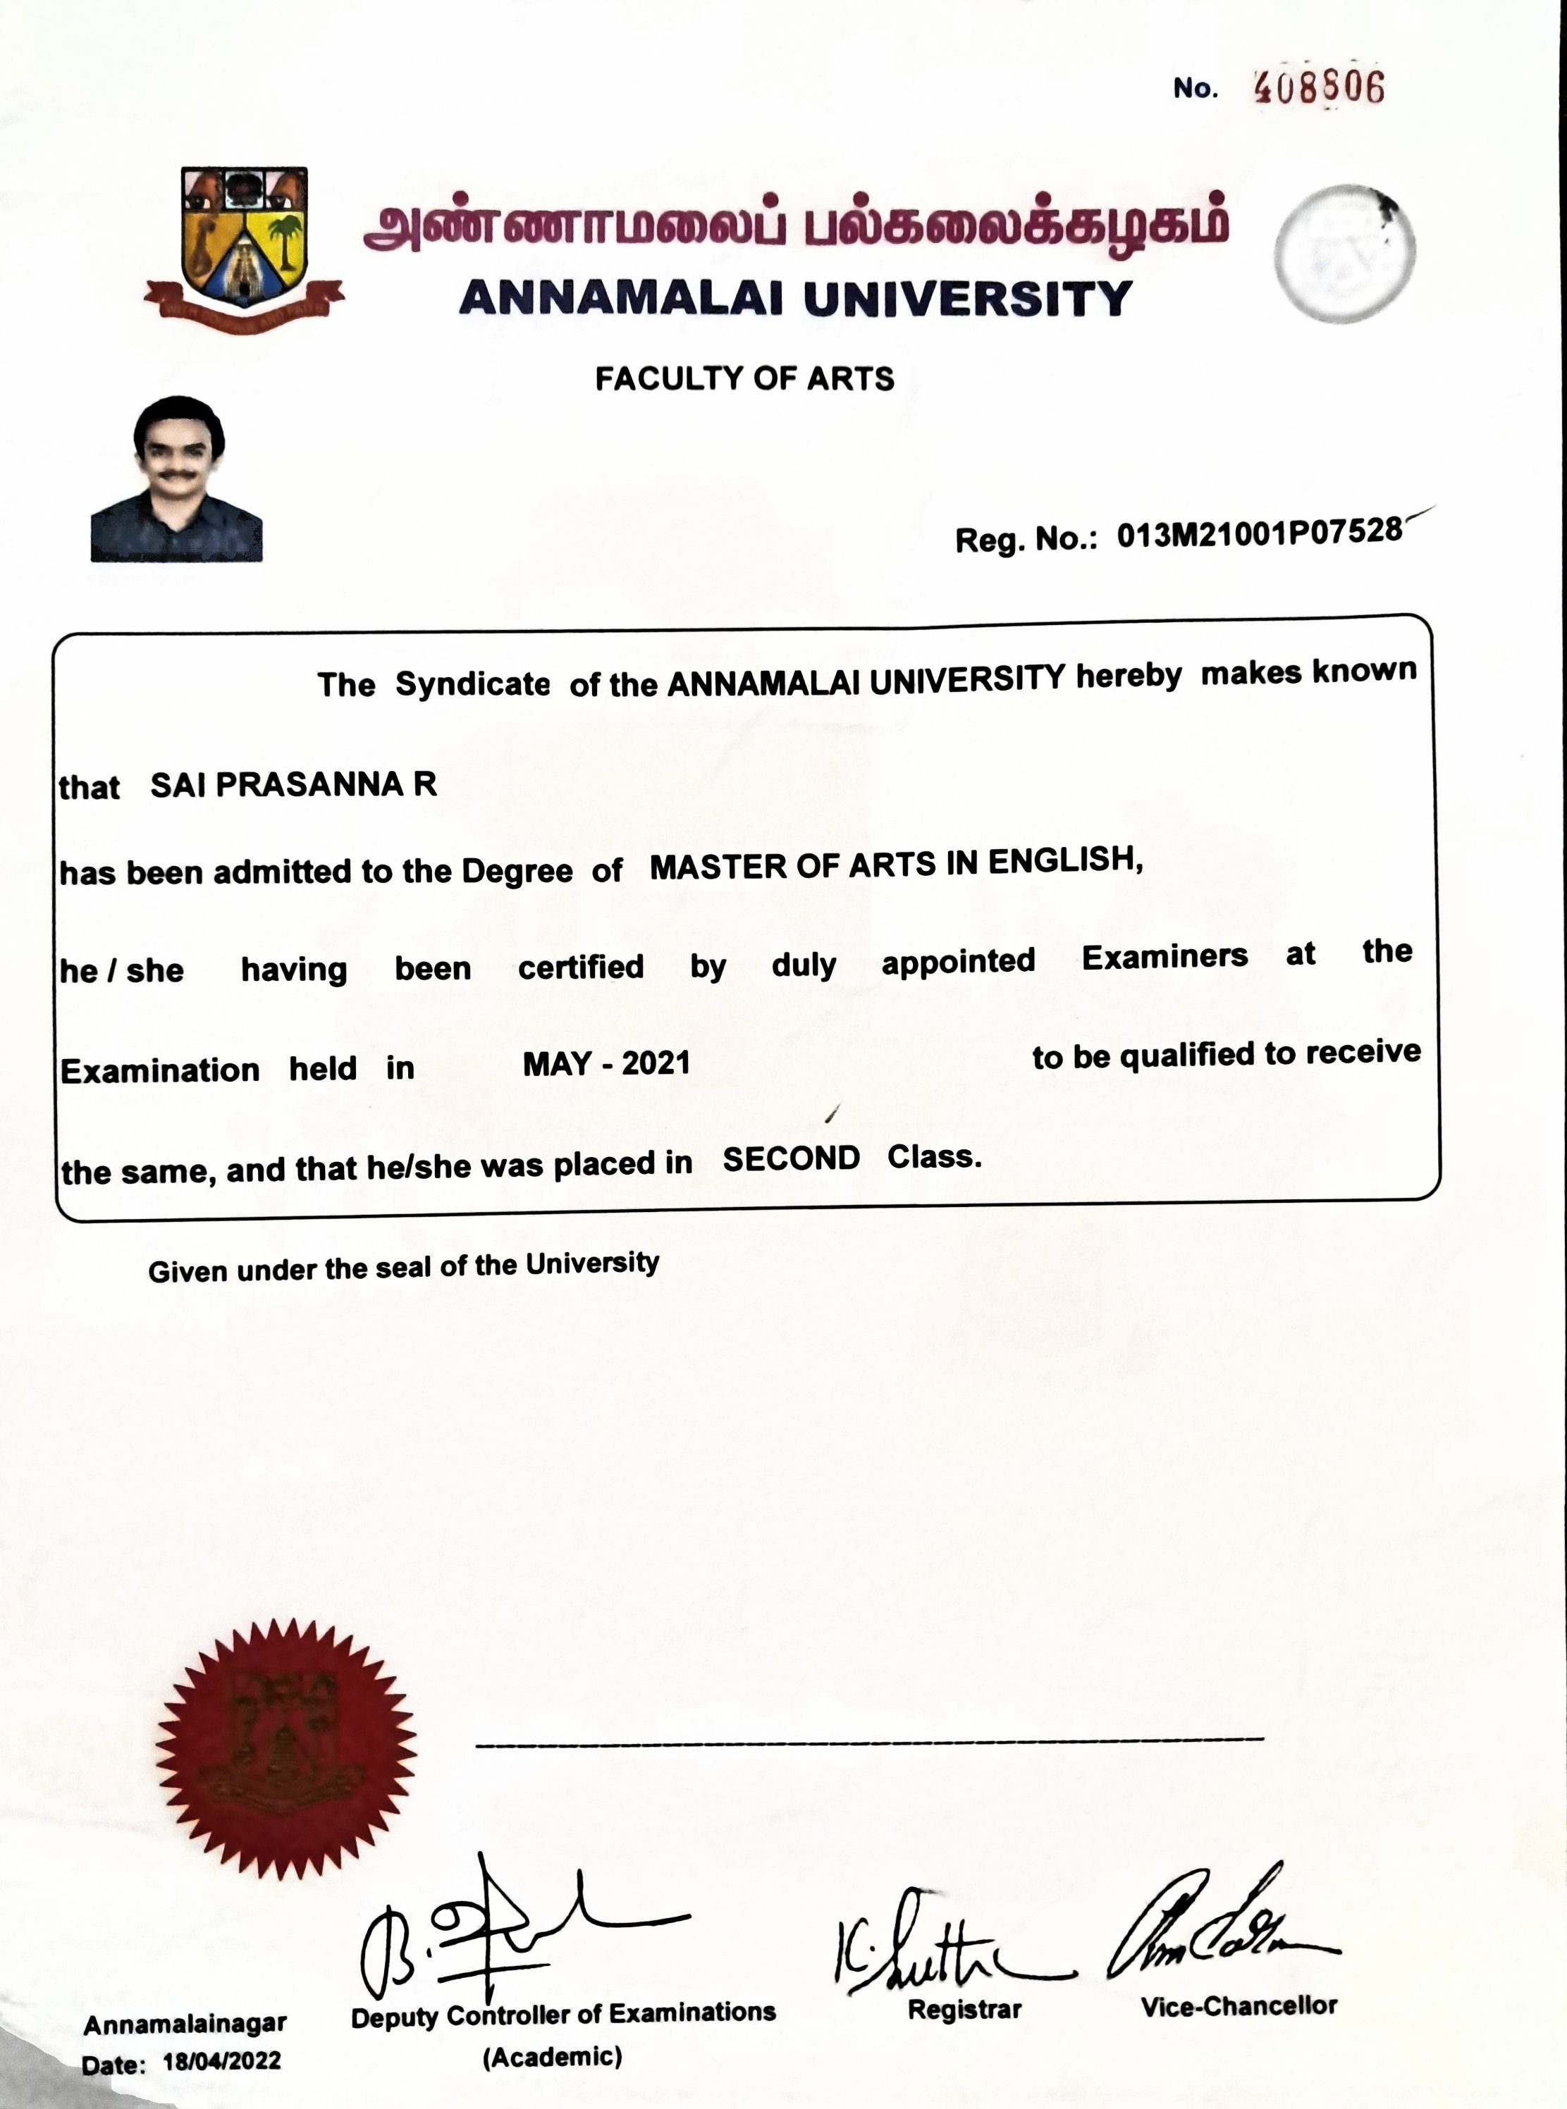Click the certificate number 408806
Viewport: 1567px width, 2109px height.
point(1318,88)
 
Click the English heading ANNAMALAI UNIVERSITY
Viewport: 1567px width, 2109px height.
point(795,299)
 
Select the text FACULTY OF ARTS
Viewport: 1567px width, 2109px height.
point(744,379)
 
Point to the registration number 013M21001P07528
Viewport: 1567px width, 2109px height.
point(1259,534)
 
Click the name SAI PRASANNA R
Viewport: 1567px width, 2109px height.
point(294,785)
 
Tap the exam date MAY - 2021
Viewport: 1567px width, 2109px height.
point(606,1064)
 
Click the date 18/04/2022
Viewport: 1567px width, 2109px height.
point(222,2060)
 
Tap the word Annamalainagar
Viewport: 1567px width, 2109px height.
point(185,2024)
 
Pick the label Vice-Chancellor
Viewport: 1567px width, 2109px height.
point(1239,2005)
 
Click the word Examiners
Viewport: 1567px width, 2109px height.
point(1165,957)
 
